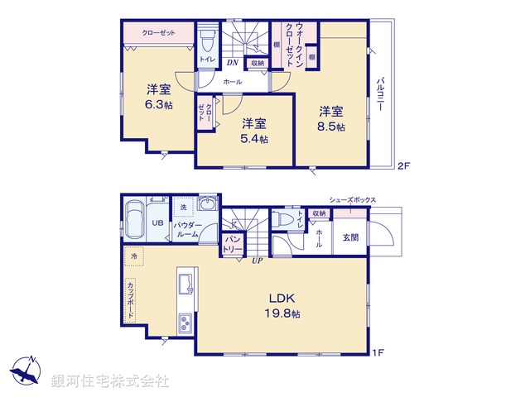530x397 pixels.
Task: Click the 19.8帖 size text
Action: (283, 314)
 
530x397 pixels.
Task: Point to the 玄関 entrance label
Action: (351, 238)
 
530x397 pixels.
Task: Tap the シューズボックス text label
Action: (353, 200)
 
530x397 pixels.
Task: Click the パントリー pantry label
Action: (233, 243)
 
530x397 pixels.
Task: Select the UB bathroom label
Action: (157, 222)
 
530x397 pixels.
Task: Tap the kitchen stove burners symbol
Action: (183, 323)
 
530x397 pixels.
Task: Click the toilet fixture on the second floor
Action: (207, 41)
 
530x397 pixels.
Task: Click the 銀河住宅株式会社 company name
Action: (109, 381)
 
